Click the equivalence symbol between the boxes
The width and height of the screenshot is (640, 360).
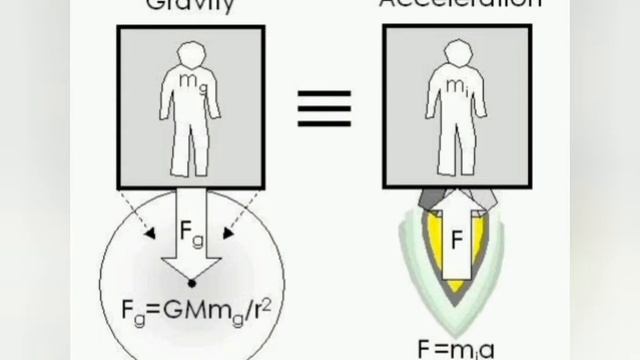pos(325,108)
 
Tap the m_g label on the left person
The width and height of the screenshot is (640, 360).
pos(189,79)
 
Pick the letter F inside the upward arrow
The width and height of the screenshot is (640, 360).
pos(455,241)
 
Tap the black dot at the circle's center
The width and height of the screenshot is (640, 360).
pos(190,284)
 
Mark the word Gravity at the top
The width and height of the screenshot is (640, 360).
pos(190,4)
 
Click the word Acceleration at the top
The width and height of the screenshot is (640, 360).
pos(460,4)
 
